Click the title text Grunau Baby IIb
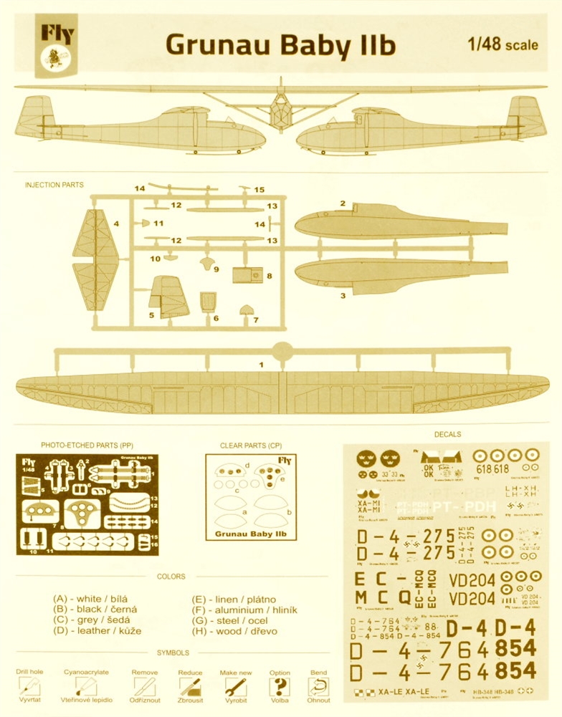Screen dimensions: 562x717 click(x=280, y=45)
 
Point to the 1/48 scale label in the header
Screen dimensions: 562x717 click(x=502, y=44)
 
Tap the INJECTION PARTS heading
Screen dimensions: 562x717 click(x=54, y=185)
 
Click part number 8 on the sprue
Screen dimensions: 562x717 click(x=269, y=275)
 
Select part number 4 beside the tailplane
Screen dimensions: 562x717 click(x=115, y=224)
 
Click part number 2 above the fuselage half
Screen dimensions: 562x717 click(x=343, y=204)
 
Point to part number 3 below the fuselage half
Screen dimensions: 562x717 click(x=343, y=294)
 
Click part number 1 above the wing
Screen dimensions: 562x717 click(x=262, y=365)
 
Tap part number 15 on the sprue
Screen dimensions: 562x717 click(x=259, y=190)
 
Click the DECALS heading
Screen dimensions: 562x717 click(x=448, y=434)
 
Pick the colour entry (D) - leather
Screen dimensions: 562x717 click(x=97, y=631)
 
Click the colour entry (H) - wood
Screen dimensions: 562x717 click(x=234, y=631)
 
